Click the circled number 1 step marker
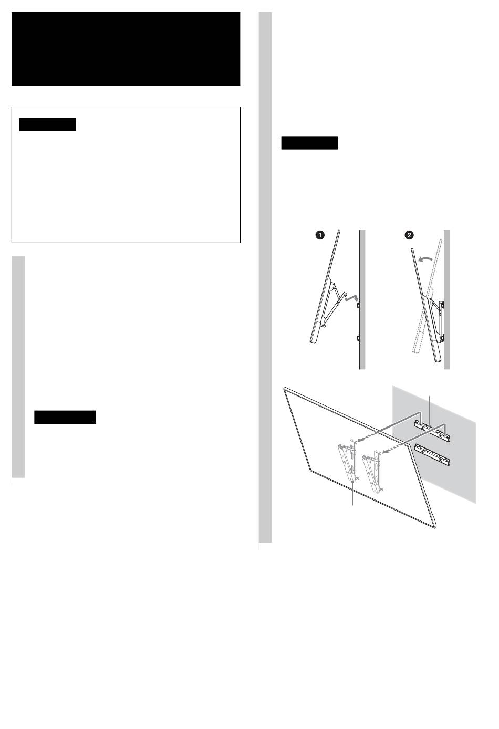pos(320,235)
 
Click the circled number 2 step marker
pos(409,235)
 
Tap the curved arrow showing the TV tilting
pos(425,259)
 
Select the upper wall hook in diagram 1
pos(358,305)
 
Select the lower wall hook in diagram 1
pos(358,338)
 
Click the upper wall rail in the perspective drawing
pos(432,431)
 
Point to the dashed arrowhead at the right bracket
pos(384,452)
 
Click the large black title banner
pos(126,49)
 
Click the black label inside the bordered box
pos(47,124)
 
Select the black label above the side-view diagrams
pos(309,143)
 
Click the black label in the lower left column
pos(65,417)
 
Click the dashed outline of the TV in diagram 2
pos(426,296)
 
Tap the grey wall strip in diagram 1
pos(362,299)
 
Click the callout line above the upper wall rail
pos(430,411)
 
